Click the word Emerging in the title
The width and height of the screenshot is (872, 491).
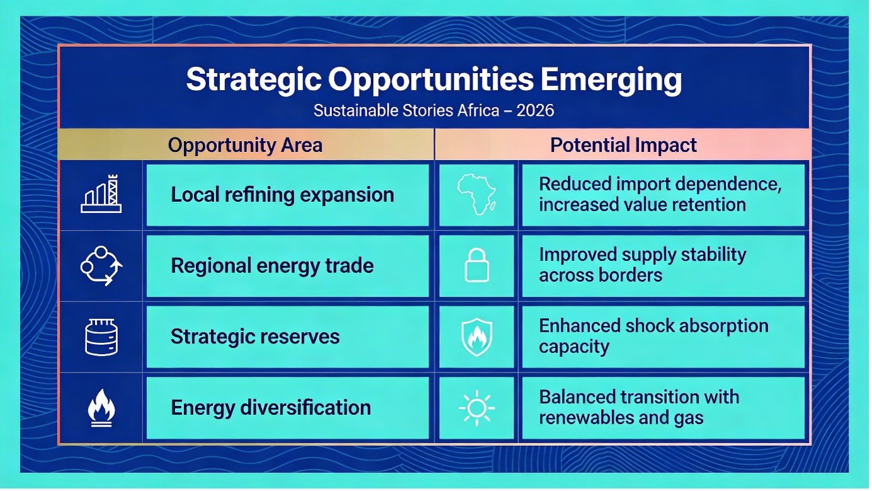coord(611,80)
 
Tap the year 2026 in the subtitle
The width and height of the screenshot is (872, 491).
coord(535,110)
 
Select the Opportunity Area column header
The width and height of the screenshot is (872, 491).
coord(245,145)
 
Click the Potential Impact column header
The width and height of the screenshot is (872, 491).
coord(623,145)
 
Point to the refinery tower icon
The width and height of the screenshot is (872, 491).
coord(101,194)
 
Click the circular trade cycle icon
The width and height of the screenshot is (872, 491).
coord(101,266)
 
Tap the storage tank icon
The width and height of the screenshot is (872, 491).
coord(101,337)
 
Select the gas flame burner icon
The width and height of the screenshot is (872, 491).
coord(101,408)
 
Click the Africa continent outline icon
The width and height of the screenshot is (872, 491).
coord(476,194)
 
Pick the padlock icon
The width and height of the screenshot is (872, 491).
coord(477,265)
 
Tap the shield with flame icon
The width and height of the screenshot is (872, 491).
coord(477,337)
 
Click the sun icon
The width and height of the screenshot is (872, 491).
coord(477,408)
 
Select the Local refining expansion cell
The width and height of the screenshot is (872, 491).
coord(288,195)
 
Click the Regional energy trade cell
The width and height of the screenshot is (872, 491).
coord(288,266)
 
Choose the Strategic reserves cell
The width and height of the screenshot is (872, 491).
coord(288,337)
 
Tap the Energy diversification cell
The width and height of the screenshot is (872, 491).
coord(288,408)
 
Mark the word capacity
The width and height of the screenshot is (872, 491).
coord(574,347)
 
